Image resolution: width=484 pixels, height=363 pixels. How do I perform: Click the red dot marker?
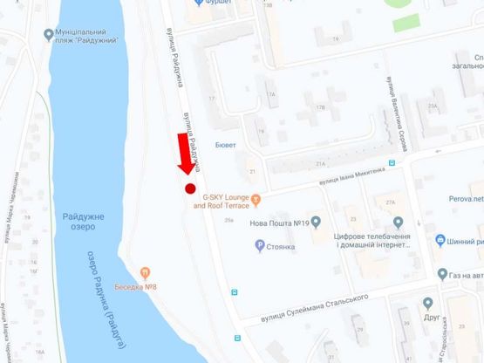(189, 188)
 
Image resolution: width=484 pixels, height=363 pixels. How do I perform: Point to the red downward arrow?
(185, 155)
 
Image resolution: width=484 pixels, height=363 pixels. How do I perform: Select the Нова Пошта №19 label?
(281, 223)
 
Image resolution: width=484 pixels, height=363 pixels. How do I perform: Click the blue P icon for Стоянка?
(259, 245)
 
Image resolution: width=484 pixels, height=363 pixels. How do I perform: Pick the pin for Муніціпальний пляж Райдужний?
(48, 35)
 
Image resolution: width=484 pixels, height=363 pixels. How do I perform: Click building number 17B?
(320, 107)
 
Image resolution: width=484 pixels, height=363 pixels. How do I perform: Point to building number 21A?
(321, 164)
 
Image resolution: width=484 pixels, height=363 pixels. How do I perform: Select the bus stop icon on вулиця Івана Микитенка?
(392, 162)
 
